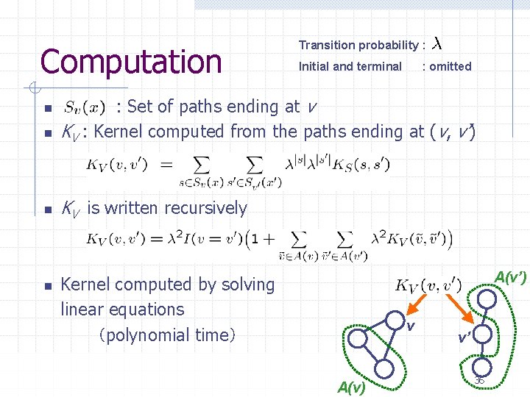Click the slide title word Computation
tap(130, 61)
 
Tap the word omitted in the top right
tap(450, 66)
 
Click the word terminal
tap(379, 66)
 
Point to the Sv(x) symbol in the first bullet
tap(84, 107)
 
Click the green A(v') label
tap(510, 278)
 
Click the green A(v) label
tap(351, 387)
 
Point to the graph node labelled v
tap(393, 321)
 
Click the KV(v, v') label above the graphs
tap(428, 285)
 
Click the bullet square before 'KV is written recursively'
tap(46, 210)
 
